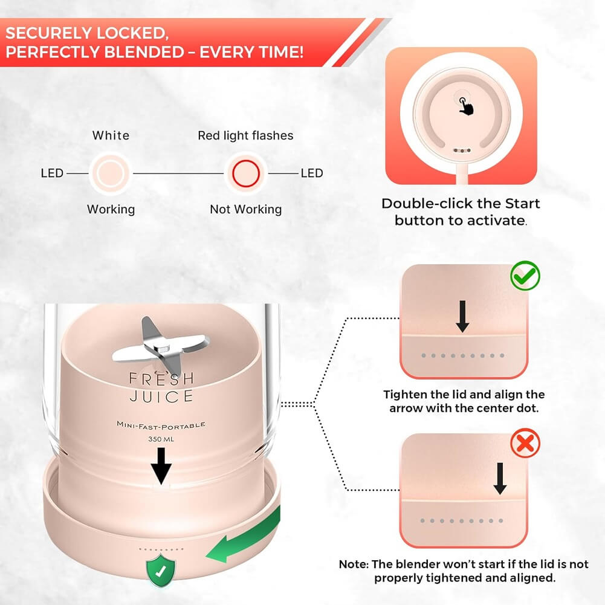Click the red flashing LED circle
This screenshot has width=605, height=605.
pyautogui.click(x=245, y=173)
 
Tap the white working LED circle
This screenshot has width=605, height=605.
pyautogui.click(x=110, y=173)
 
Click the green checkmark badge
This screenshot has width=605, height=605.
pyautogui.click(x=525, y=276)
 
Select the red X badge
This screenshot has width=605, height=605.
pyautogui.click(x=525, y=444)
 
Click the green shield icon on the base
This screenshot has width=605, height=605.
pyautogui.click(x=161, y=569)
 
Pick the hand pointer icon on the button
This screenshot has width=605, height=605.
pyautogui.click(x=465, y=106)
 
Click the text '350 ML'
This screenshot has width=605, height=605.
pyautogui.click(x=161, y=439)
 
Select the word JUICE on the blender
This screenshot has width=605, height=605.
pyautogui.click(x=161, y=396)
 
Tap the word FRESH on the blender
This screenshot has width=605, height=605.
pyautogui.click(x=161, y=379)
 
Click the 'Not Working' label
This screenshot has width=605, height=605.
pyautogui.click(x=245, y=209)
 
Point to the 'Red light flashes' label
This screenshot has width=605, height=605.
pyautogui.click(x=245, y=135)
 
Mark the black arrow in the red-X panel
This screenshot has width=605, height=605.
pyautogui.click(x=500, y=478)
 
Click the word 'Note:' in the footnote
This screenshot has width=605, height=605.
pyautogui.click(x=353, y=564)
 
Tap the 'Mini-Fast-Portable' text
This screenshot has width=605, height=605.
pyautogui.click(x=161, y=425)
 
